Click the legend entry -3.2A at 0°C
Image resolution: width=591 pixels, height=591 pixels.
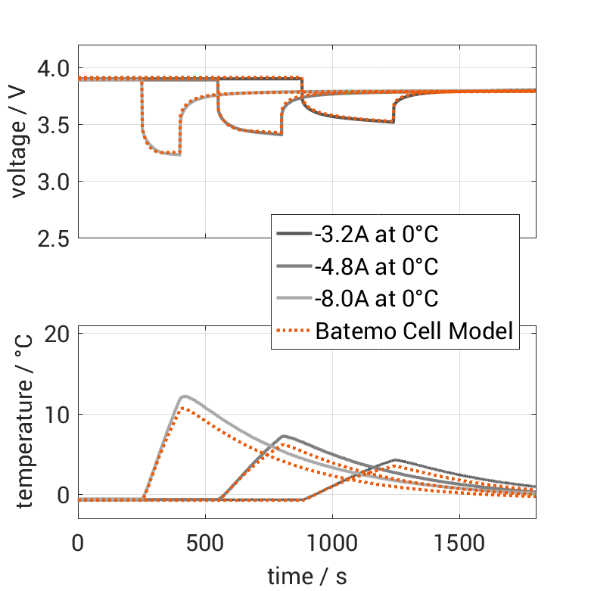[x=376, y=235]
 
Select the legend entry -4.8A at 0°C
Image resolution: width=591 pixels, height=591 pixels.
[x=376, y=267]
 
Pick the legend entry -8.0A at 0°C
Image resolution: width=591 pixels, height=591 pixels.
[x=376, y=299]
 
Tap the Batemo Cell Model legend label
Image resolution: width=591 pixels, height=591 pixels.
[x=415, y=331]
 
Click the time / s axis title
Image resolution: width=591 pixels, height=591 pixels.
[x=306, y=577]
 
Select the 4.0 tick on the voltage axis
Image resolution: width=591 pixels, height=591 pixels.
[x=52, y=68]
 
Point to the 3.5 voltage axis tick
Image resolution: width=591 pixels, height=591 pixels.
[x=52, y=125]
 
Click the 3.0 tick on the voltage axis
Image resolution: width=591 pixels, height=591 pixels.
[x=52, y=182]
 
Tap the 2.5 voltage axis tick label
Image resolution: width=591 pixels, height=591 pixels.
[x=52, y=238]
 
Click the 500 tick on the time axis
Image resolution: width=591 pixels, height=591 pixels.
[x=204, y=543]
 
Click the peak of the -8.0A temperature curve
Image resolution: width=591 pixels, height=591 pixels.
[x=183, y=396]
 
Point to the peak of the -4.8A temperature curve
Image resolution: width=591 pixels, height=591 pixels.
[x=283, y=436]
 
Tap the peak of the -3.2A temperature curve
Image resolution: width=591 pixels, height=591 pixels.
[x=396, y=459]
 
